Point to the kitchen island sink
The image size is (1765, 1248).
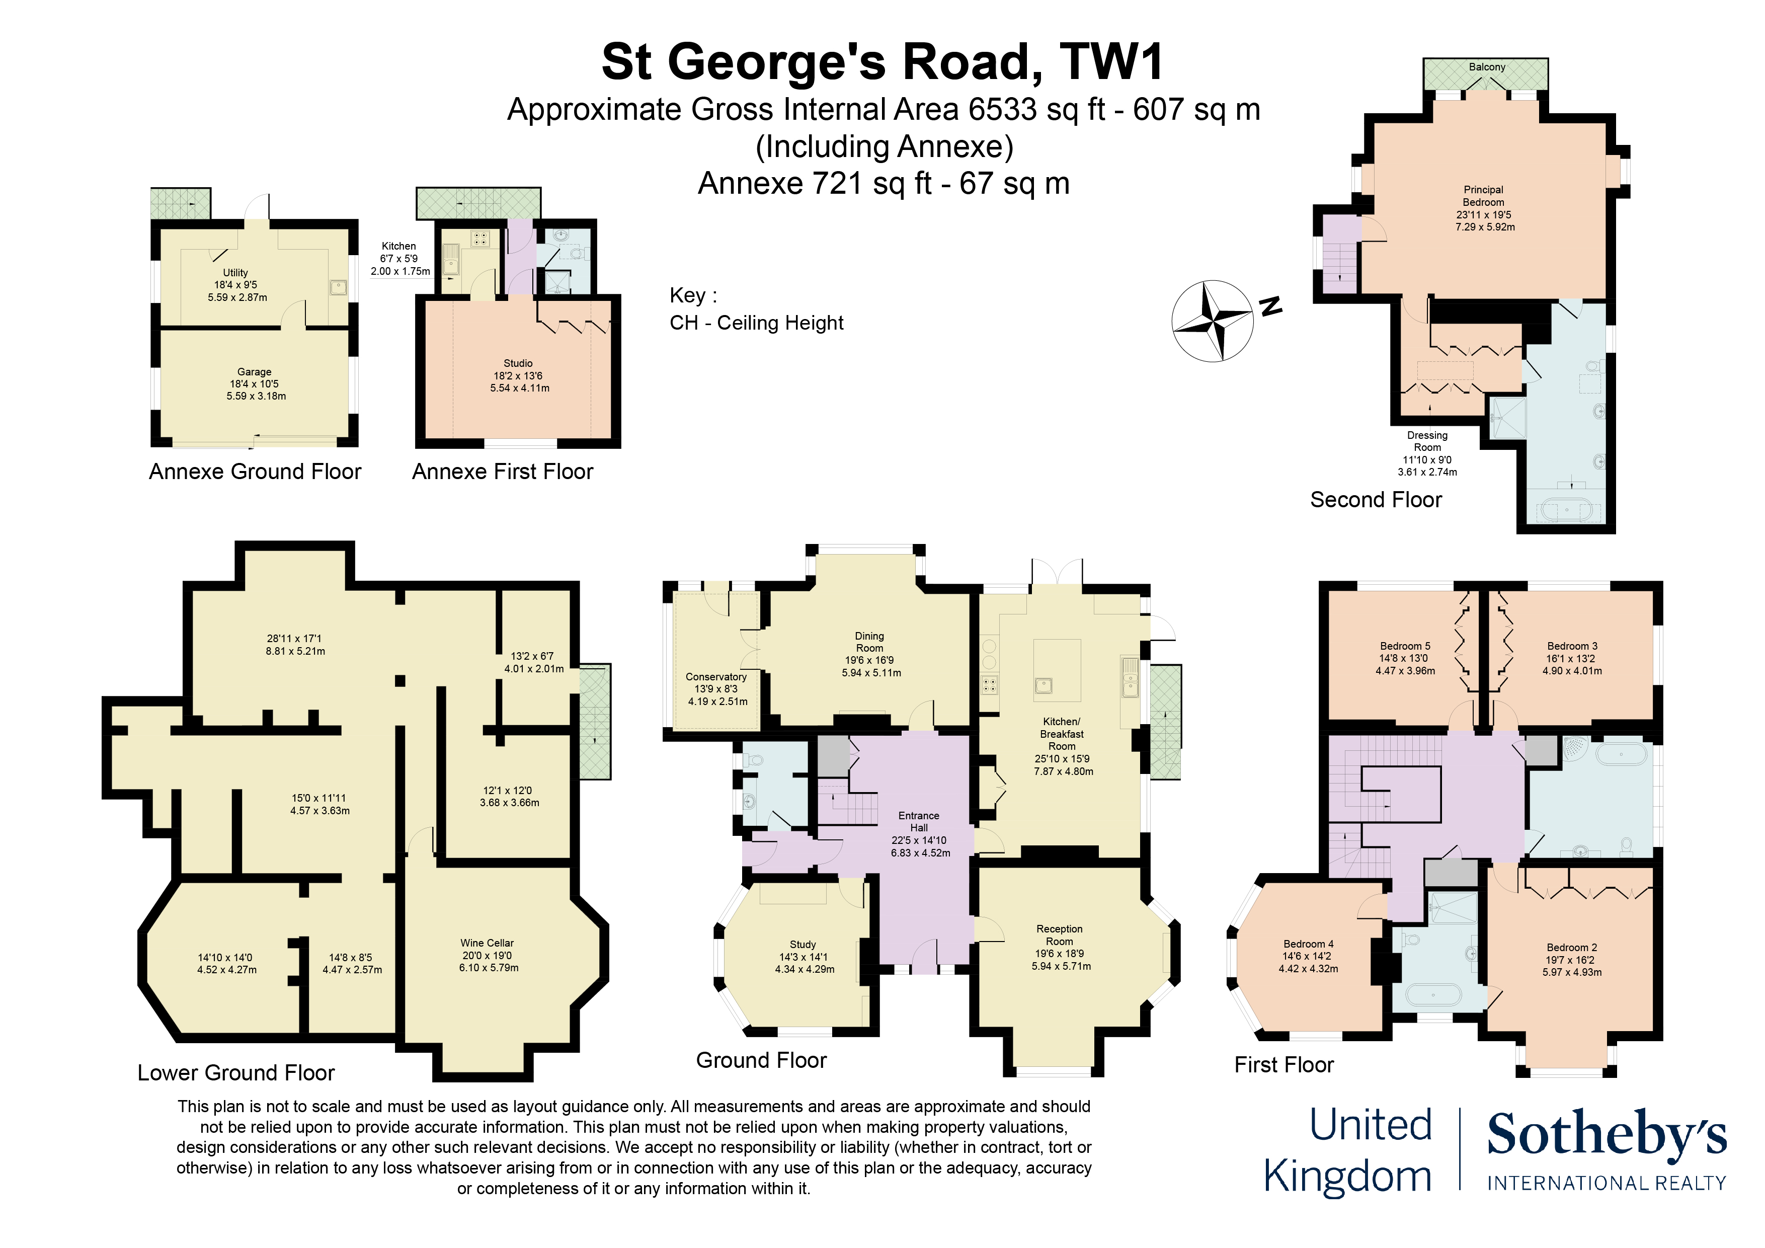tap(1043, 685)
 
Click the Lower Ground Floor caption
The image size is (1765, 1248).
tap(236, 1073)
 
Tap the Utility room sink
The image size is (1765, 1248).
tap(338, 287)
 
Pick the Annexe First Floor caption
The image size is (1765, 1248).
tap(502, 472)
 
